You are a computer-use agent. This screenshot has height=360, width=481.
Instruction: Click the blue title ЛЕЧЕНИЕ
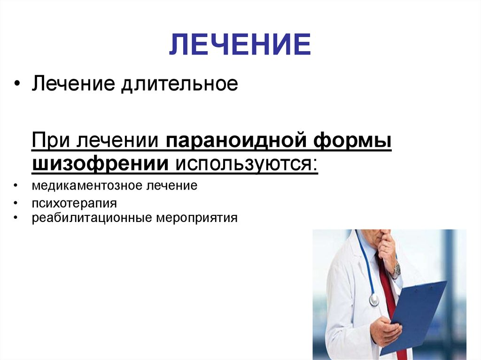[240, 44]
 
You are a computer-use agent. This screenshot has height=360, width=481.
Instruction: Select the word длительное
[179, 84]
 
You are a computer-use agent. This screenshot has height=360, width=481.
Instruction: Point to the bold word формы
[352, 140]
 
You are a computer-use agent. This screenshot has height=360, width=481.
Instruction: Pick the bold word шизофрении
[101, 163]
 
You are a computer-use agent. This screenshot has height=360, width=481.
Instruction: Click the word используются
[247, 164]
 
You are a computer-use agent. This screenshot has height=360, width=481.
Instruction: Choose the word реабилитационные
[92, 218]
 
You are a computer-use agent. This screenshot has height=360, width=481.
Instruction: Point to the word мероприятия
[197, 218]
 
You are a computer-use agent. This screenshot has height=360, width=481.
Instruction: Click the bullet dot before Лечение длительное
[17, 84]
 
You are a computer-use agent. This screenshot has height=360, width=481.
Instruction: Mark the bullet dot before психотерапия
[16, 203]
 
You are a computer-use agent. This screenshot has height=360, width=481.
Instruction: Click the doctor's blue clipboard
[414, 316]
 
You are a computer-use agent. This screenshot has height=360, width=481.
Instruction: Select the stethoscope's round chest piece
[374, 300]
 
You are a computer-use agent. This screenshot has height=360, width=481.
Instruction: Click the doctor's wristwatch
[396, 270]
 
